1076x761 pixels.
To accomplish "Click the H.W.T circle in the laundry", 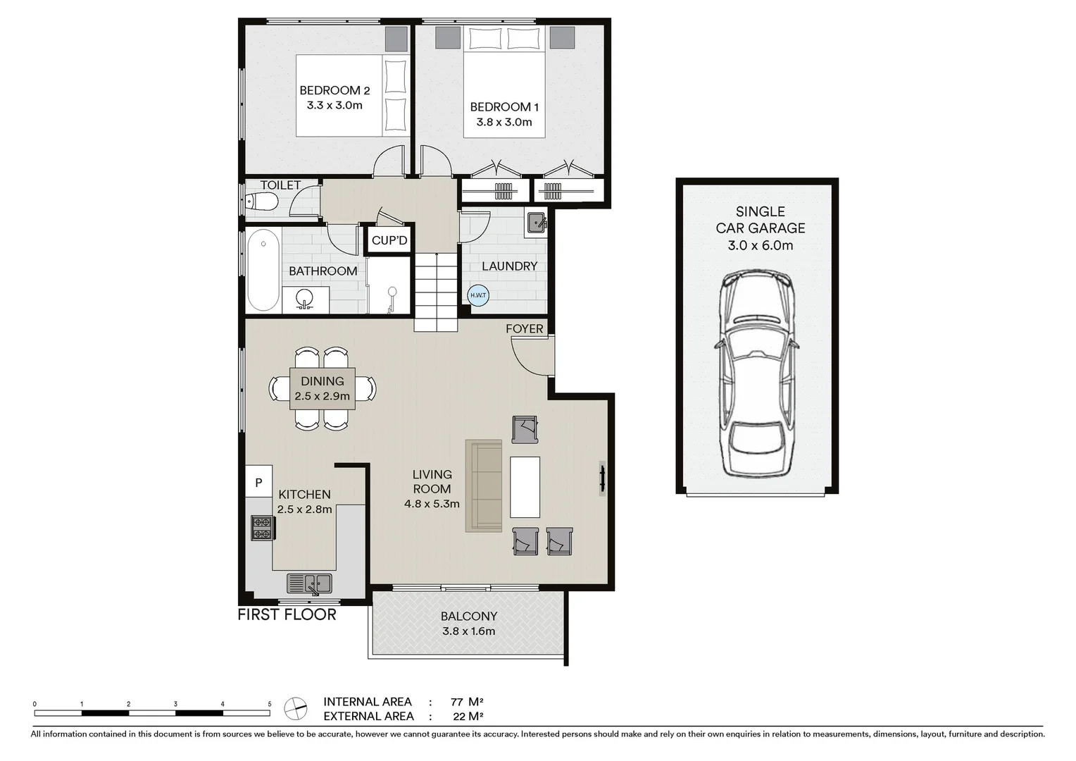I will pyautogui.click(x=477, y=295).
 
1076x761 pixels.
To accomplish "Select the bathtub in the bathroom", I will pyautogui.click(x=263, y=270).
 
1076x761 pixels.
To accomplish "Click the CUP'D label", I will pyautogui.click(x=389, y=240).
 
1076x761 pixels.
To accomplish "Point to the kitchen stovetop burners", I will pyautogui.click(x=262, y=528).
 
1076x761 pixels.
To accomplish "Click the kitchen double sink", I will pyautogui.click(x=309, y=583).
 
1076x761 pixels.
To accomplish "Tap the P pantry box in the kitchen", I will pyautogui.click(x=258, y=483).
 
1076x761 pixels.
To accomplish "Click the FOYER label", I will pyautogui.click(x=525, y=329).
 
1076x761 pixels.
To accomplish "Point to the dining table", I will pyautogui.click(x=323, y=388).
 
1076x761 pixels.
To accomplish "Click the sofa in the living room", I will pyautogui.click(x=484, y=486).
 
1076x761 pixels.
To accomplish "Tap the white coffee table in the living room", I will pyautogui.click(x=525, y=487).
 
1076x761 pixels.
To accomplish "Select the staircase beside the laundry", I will pyautogui.click(x=436, y=292).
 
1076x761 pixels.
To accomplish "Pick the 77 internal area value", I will pyautogui.click(x=456, y=702).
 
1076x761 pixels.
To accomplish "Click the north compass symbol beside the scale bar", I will pyautogui.click(x=296, y=708).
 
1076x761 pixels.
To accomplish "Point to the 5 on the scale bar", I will pyautogui.click(x=269, y=704).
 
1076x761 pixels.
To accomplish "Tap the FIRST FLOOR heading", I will pyautogui.click(x=287, y=614).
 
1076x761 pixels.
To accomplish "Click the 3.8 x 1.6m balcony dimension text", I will pyautogui.click(x=468, y=631).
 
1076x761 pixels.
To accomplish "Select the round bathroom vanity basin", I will pyautogui.click(x=305, y=298).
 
